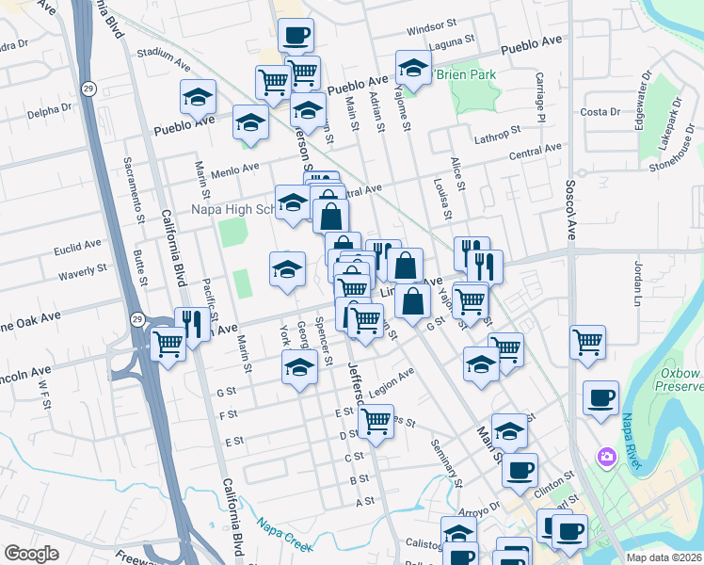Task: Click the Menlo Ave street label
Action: [x=235, y=169]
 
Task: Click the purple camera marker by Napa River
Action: [x=606, y=457]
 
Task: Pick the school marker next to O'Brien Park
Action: [x=412, y=68]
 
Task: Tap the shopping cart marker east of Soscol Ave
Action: [x=587, y=343]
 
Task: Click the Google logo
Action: [x=32, y=553]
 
